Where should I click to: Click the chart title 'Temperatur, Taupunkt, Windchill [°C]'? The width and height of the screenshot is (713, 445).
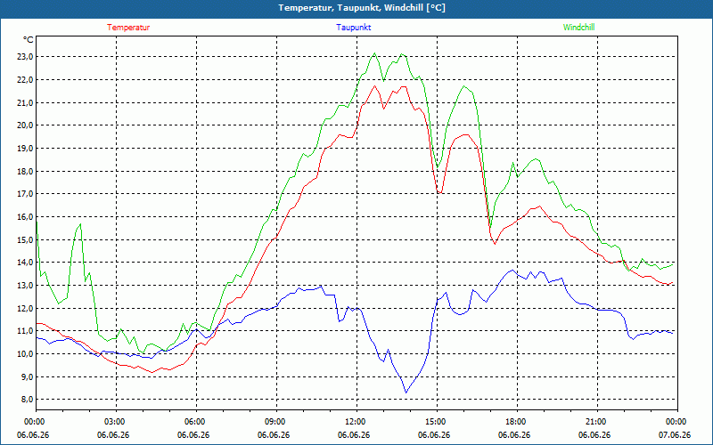point(362,8)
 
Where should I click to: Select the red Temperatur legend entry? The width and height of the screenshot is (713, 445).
point(128,28)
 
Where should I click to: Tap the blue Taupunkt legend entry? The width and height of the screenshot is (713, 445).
point(353,28)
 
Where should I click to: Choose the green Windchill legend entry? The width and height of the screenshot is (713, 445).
point(578,28)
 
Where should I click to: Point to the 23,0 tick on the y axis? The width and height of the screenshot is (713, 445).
point(25,57)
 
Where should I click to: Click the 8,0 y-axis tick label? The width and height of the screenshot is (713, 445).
point(25,400)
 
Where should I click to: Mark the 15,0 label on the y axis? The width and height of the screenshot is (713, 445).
point(25,239)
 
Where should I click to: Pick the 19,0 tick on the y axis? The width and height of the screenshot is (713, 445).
point(25,149)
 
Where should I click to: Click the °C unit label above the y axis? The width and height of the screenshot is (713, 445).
point(28,40)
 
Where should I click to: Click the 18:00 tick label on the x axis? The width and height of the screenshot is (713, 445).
point(517,422)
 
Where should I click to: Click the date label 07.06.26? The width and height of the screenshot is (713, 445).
point(675,435)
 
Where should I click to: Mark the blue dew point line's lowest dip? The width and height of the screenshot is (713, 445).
point(406,392)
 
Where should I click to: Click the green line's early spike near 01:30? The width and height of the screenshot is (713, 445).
point(80,224)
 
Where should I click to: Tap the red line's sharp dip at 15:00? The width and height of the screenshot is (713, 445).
point(439,193)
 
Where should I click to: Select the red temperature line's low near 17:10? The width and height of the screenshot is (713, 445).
point(495,244)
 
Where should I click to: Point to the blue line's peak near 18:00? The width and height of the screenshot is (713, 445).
point(513,271)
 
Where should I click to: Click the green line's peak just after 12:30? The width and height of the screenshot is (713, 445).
point(374,53)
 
